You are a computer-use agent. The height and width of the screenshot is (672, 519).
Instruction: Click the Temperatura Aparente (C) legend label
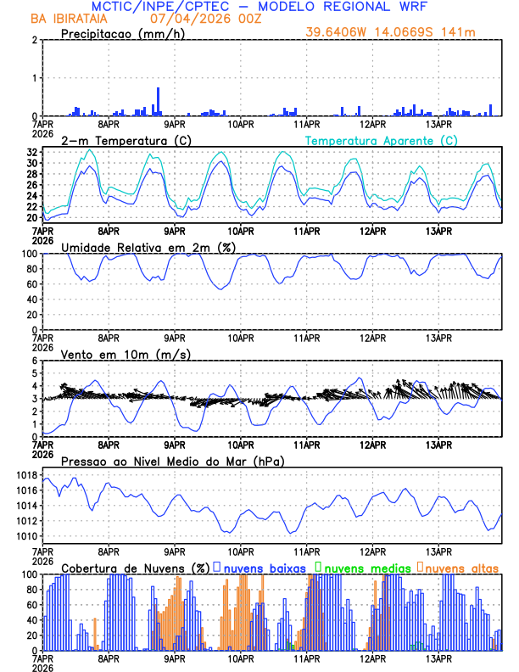[x=382, y=140]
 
